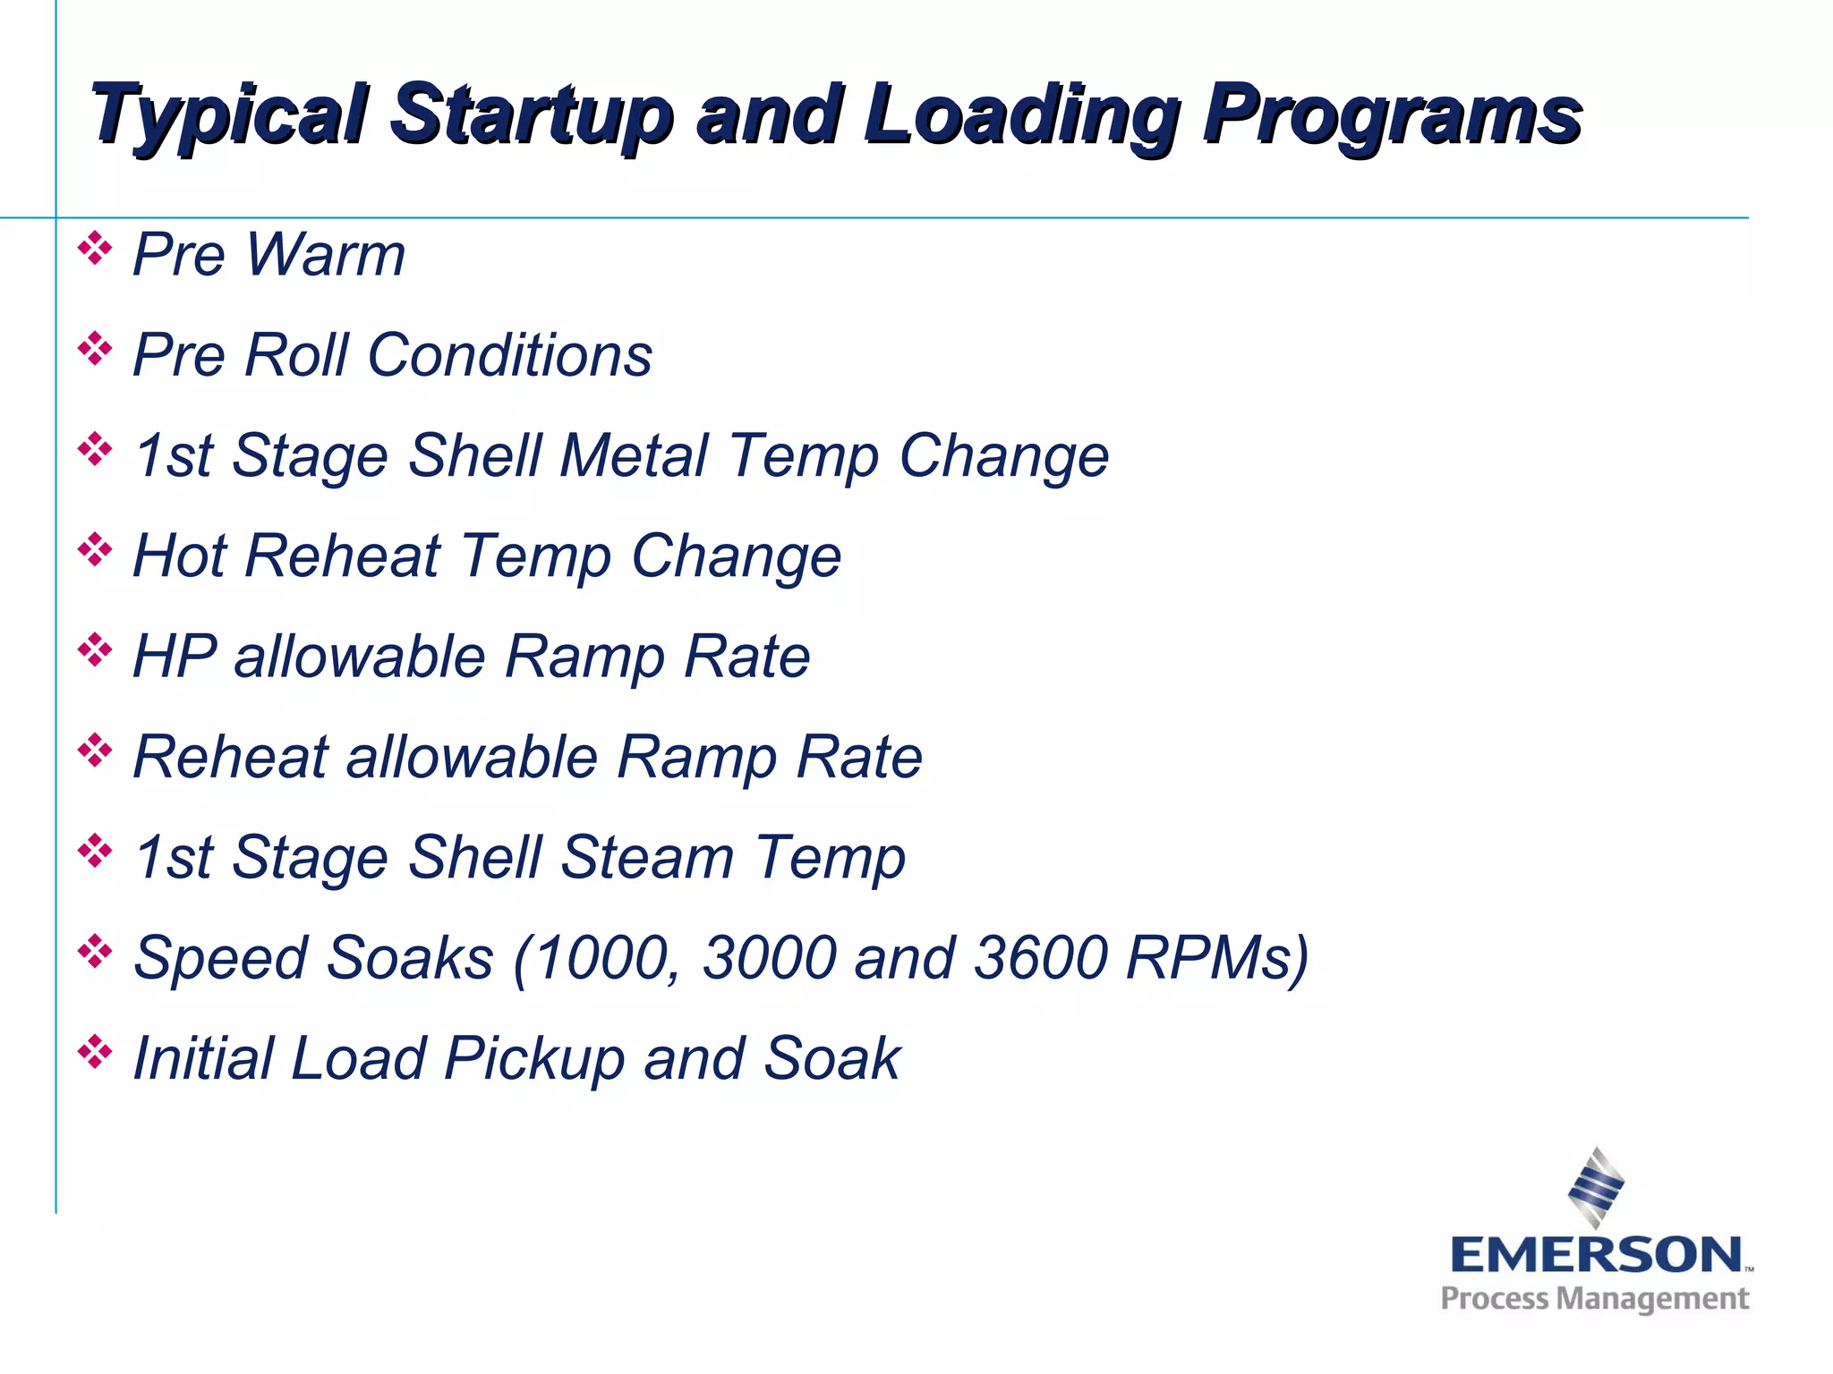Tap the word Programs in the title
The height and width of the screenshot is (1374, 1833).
(x=1392, y=114)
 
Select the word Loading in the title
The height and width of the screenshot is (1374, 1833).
(x=1020, y=114)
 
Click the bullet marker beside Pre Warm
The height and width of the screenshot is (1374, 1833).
(x=95, y=249)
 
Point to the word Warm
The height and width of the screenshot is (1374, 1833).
(x=325, y=255)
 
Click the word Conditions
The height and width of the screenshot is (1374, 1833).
(x=509, y=355)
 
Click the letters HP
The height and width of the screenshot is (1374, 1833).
(x=175, y=657)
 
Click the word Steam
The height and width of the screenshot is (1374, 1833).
(x=646, y=858)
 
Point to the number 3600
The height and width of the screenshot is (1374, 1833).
(x=1041, y=958)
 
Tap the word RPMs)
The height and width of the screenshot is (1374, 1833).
(x=1217, y=958)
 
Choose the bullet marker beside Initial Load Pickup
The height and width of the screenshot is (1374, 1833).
(x=95, y=1052)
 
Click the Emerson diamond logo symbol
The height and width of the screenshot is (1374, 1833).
(x=1596, y=1188)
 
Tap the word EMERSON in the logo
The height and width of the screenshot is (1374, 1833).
(x=1597, y=1254)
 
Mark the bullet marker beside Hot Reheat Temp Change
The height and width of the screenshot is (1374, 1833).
(x=95, y=549)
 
